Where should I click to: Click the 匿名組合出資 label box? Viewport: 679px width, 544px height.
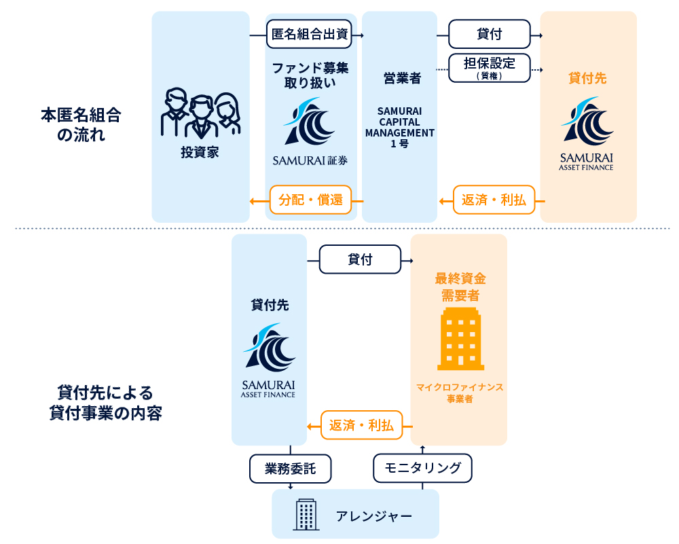pos(310,35)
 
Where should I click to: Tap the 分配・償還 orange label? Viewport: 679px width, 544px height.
pos(310,200)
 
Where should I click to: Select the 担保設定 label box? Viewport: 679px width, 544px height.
pos(489,68)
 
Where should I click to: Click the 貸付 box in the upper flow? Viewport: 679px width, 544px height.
pos(489,35)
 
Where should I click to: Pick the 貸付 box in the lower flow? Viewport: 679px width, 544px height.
pos(360,259)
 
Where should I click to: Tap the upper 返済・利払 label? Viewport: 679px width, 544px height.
pos(494,200)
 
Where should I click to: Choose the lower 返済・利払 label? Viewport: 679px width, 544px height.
pos(361,426)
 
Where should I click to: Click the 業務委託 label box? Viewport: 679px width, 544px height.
pos(290,468)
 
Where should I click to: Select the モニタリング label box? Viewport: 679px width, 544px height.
pos(422,468)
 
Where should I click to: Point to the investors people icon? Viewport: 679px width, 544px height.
pos(200,113)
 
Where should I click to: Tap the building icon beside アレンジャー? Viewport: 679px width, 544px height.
pos(306,514)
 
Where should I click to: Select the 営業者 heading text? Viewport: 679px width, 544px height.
pos(399,79)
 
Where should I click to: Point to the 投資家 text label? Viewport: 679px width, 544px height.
pos(200,153)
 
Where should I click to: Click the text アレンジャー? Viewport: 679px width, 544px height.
pos(374,516)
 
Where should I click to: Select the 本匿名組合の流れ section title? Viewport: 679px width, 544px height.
pos(80,124)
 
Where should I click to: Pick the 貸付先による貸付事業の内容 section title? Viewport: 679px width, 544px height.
pos(106,403)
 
